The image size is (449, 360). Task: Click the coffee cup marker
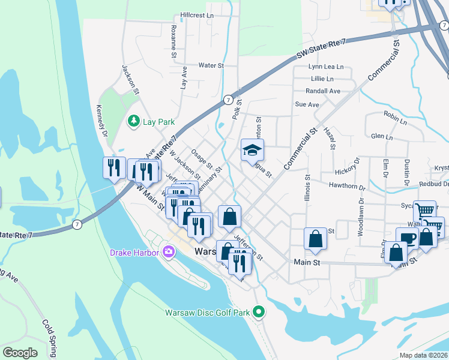coord(407,237)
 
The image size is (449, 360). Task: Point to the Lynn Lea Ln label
coord(326,67)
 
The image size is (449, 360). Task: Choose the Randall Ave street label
coord(322,91)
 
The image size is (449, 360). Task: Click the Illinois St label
coord(307,187)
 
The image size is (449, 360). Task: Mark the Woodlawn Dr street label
coord(361,213)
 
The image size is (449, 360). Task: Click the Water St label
coord(211,65)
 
